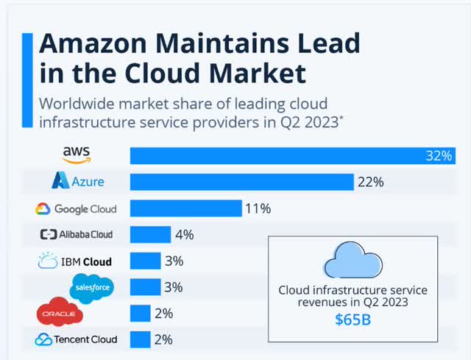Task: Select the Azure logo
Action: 77,181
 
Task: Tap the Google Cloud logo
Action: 76,208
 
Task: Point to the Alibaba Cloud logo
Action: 77,235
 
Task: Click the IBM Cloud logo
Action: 74,261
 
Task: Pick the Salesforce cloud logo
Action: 92,286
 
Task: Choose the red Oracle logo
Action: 60,314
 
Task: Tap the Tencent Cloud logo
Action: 76,339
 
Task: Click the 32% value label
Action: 442,156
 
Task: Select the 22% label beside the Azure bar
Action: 370,182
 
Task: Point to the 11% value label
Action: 258,208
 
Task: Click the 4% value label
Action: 185,235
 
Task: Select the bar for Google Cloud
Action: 185,208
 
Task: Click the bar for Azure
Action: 241,182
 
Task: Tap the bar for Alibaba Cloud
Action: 150,235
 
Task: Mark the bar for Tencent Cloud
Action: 141,339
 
